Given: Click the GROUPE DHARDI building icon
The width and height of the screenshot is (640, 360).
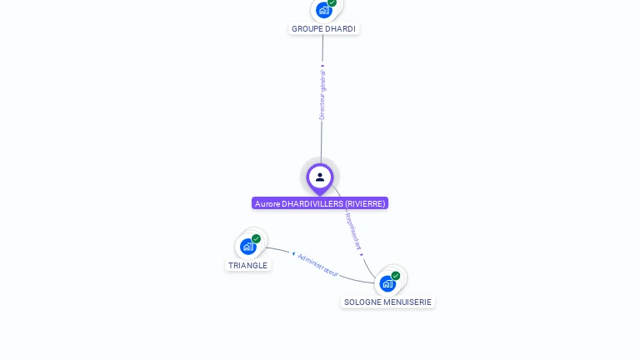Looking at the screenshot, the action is tap(324, 10).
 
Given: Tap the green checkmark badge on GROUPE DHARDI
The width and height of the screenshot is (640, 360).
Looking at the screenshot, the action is tap(332, 2).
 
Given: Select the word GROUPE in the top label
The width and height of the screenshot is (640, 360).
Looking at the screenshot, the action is tap(307, 28).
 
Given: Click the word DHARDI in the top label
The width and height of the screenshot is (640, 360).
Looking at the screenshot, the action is tap(340, 28).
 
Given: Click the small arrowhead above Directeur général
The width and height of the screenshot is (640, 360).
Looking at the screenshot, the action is tap(322, 65).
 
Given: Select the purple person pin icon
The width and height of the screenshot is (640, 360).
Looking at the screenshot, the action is tap(320, 177).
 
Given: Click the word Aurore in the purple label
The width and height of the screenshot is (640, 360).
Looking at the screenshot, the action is tap(267, 203).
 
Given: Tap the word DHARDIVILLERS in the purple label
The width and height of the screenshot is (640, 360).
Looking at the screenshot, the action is tap(312, 203).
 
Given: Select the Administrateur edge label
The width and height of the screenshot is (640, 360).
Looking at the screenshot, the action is tap(318, 264).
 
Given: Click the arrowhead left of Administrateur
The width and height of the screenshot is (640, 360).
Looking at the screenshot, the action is tap(293, 253).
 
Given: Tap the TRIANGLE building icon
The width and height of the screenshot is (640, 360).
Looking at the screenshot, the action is tap(248, 246).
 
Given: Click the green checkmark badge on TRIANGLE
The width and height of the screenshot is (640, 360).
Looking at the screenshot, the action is tap(256, 238).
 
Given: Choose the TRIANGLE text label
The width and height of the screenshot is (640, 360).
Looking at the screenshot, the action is tap(248, 265).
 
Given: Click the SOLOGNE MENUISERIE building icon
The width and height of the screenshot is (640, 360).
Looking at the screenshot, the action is tap(387, 283).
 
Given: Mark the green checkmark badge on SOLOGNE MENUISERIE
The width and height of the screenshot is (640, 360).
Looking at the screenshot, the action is tap(395, 276).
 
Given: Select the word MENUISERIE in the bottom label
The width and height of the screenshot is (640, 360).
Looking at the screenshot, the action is tap(407, 302).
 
